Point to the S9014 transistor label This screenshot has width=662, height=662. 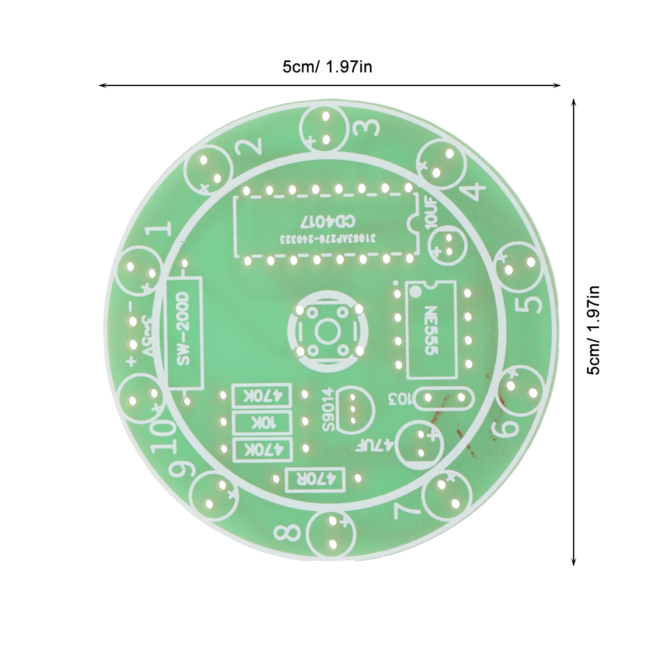(x=330, y=409)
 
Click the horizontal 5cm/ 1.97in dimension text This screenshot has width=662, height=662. (x=327, y=67)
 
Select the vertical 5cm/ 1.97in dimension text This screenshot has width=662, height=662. (x=593, y=330)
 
